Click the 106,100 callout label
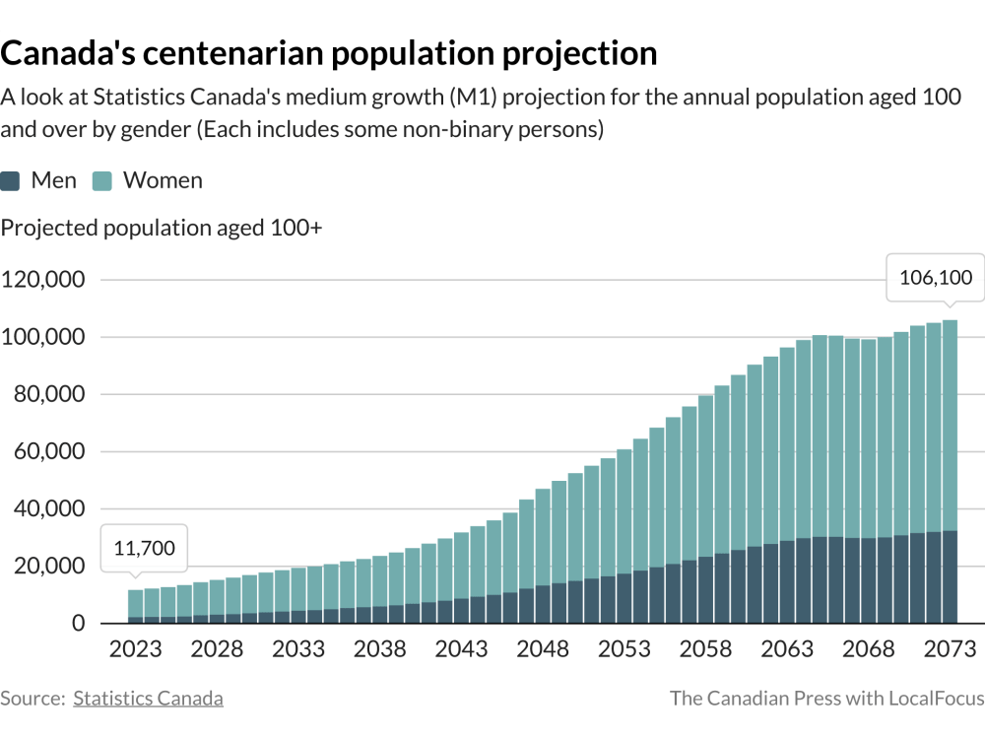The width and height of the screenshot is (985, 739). click(x=935, y=279)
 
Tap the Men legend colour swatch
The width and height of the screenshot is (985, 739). click(x=11, y=181)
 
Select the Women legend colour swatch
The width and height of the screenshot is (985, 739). click(x=102, y=181)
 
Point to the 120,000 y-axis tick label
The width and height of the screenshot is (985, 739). click(x=44, y=279)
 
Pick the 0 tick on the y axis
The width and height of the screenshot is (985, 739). click(x=78, y=624)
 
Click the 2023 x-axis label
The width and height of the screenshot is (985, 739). click(x=136, y=650)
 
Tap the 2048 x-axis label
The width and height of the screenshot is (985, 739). click(x=543, y=650)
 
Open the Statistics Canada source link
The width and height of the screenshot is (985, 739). click(x=148, y=699)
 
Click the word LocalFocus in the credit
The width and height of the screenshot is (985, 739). click(x=936, y=699)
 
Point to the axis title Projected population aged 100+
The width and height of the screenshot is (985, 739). click(x=163, y=229)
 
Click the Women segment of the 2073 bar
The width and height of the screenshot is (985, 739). click(x=950, y=424)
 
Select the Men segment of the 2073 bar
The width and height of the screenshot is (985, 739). click(x=950, y=577)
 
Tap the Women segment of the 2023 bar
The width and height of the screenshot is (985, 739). click(x=136, y=604)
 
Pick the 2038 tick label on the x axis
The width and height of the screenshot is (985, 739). click(x=380, y=650)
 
